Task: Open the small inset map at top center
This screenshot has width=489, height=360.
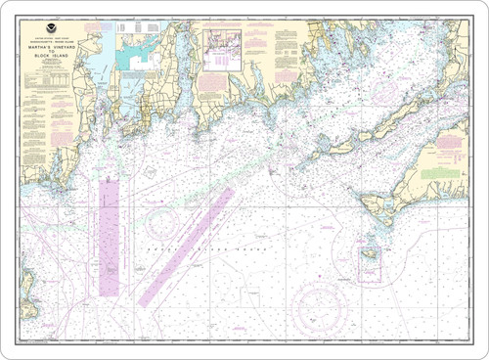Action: (222, 50)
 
